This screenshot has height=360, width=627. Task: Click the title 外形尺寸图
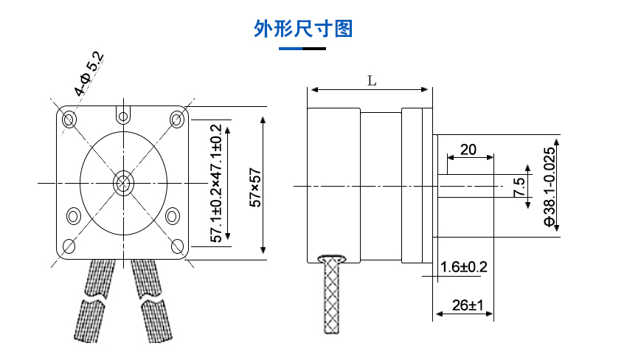pyautogui.click(x=303, y=29)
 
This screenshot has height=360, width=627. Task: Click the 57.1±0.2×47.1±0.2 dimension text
pyautogui.click(x=216, y=184)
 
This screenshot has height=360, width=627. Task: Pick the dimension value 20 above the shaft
pyautogui.click(x=468, y=149)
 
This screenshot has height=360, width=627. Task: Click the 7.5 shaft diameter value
pyautogui.click(x=519, y=187)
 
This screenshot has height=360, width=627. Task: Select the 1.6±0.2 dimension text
pyautogui.click(x=463, y=266)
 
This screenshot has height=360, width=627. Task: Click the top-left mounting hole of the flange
pyautogui.click(x=70, y=119)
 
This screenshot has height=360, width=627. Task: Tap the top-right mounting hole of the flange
pyautogui.click(x=177, y=119)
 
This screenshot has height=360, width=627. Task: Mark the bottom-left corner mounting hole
pyautogui.click(x=69, y=246)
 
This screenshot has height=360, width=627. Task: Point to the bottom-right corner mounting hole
pyautogui.click(x=177, y=246)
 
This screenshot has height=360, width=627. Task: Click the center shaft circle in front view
pyautogui.click(x=122, y=182)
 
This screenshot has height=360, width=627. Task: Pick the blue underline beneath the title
pyautogui.click(x=291, y=49)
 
